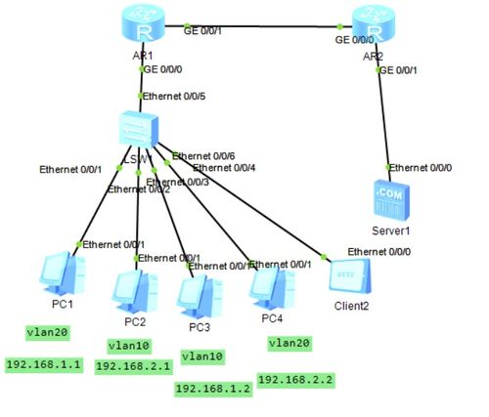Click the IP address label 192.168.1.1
(x=43, y=364)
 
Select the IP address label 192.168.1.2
(x=211, y=389)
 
